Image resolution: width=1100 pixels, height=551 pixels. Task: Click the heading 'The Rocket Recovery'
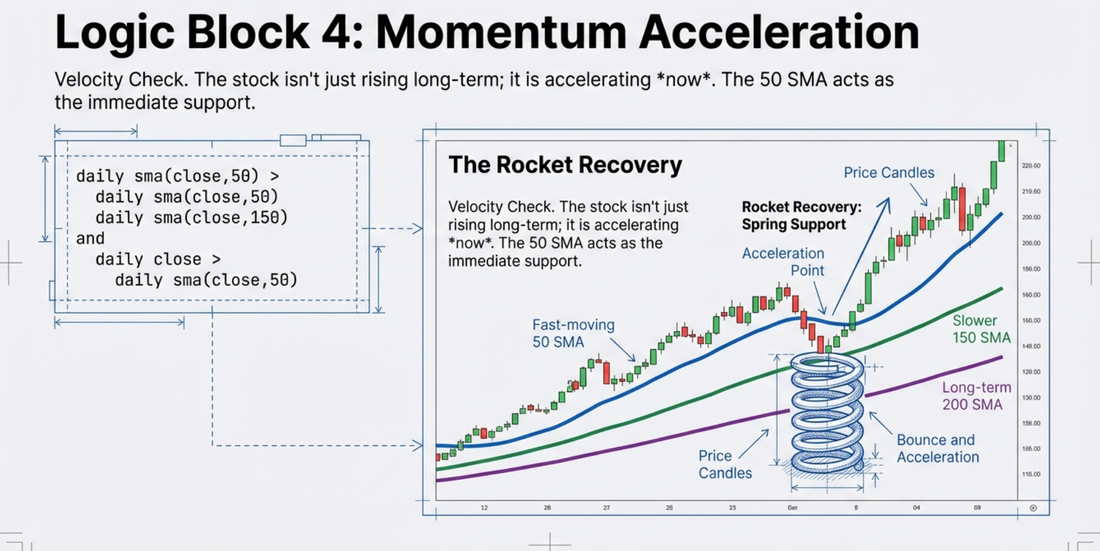(x=565, y=165)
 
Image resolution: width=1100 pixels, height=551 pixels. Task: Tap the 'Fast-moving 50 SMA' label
(x=573, y=333)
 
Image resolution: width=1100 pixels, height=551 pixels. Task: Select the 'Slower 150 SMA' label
(x=980, y=329)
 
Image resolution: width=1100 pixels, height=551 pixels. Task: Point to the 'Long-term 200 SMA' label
(x=976, y=396)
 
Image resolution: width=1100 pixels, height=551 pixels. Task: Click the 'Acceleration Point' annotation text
(x=783, y=262)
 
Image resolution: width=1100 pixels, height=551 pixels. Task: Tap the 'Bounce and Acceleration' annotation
(x=937, y=448)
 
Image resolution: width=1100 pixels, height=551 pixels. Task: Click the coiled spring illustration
(x=827, y=414)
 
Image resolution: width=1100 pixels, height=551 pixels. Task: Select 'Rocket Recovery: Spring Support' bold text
(x=801, y=215)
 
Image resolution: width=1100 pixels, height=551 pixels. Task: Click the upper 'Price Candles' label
(x=889, y=173)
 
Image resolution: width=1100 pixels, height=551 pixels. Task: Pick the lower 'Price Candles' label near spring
(x=724, y=464)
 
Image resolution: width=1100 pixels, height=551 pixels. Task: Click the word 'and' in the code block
(x=90, y=238)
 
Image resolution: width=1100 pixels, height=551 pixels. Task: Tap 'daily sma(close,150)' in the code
(x=191, y=218)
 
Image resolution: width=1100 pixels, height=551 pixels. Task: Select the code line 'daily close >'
(x=157, y=259)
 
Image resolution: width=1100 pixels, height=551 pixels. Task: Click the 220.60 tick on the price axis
(x=1031, y=165)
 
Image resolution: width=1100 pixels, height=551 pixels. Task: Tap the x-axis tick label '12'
(x=484, y=507)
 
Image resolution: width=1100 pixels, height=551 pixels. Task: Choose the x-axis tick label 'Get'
(x=792, y=507)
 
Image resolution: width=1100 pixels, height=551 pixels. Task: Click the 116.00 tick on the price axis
(x=1031, y=474)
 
